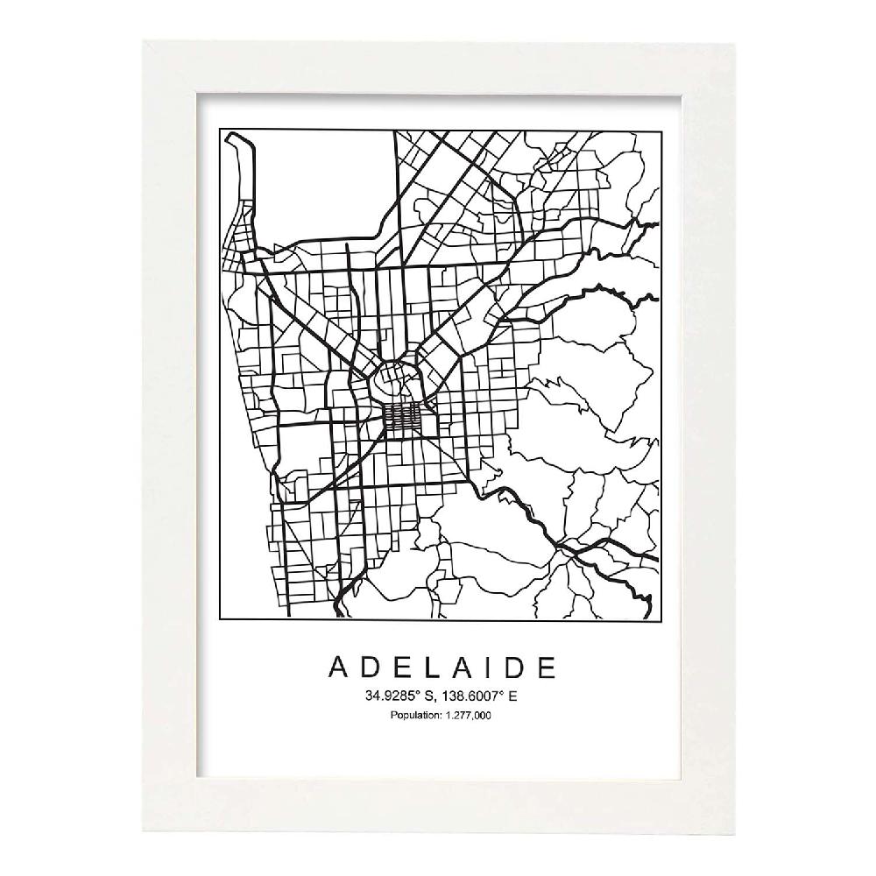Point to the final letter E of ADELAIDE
point(545,667)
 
